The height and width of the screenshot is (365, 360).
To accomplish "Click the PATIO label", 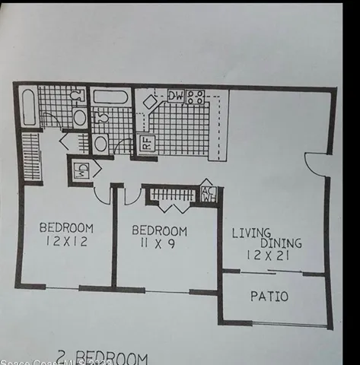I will (x=269, y=296).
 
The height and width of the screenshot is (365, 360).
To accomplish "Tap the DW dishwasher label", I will (x=175, y=96).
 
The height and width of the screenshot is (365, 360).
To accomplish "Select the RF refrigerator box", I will (x=146, y=142).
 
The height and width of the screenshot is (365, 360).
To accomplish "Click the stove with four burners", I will (x=196, y=97).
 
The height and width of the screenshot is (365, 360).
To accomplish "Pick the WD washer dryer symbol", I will (x=81, y=170).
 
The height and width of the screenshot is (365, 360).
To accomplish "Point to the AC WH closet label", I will (x=207, y=194).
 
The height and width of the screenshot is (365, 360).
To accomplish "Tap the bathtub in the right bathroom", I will (x=112, y=97).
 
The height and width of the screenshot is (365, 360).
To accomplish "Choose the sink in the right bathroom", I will (x=100, y=143).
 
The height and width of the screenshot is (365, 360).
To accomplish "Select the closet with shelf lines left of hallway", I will (x=31, y=156).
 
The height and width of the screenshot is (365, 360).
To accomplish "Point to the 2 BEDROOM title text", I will (x=103, y=357).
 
